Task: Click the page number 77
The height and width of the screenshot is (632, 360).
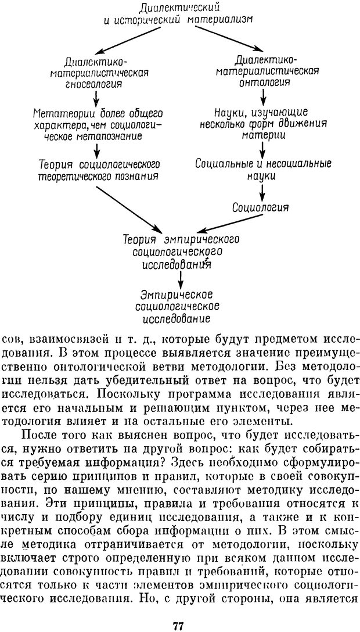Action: pos(178,610)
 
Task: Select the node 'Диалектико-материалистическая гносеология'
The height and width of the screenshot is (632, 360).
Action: pos(107,73)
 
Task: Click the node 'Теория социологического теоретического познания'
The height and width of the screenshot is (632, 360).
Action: pos(99,170)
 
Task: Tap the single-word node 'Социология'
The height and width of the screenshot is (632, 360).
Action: pos(260,207)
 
